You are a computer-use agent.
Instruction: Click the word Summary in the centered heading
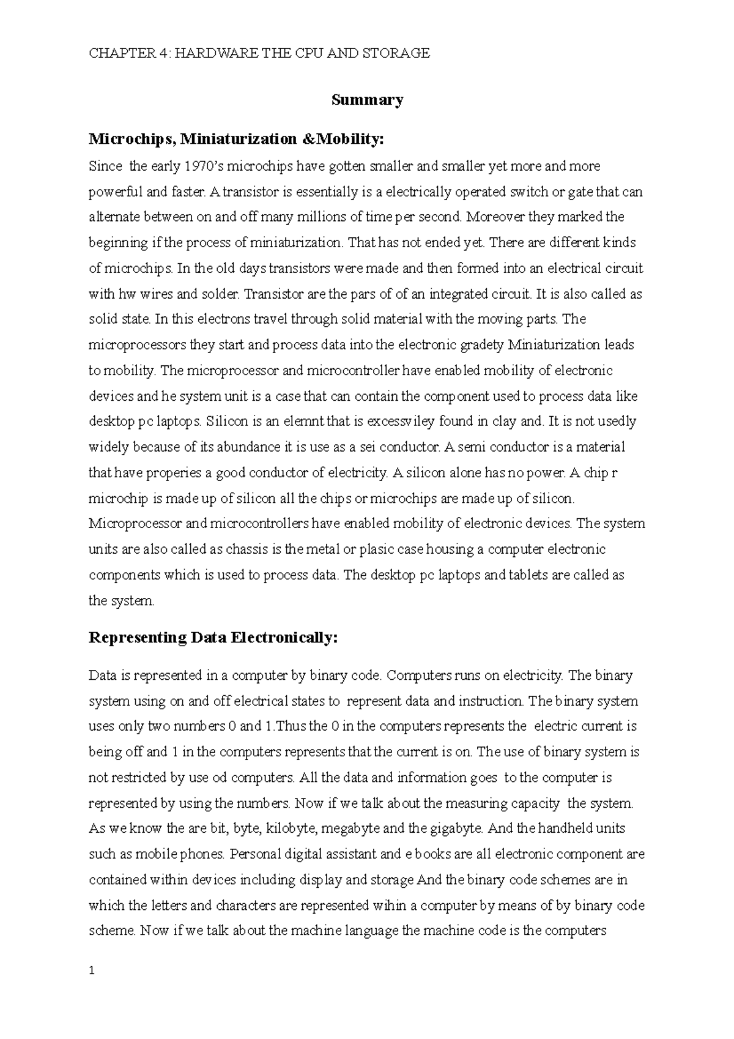pyautogui.click(x=367, y=100)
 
